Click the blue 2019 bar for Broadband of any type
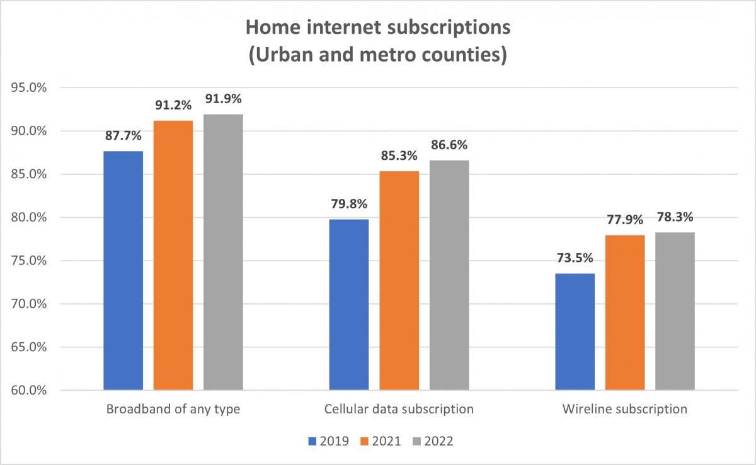(x=123, y=271)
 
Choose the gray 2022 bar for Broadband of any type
(x=223, y=252)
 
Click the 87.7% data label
(x=123, y=135)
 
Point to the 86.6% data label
(x=449, y=145)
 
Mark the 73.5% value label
(x=575, y=258)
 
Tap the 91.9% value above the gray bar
(x=223, y=99)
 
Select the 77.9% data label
(x=625, y=220)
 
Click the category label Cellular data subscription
(x=399, y=409)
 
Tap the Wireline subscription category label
(x=624, y=409)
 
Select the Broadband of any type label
(x=173, y=409)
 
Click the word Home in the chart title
(x=270, y=28)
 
